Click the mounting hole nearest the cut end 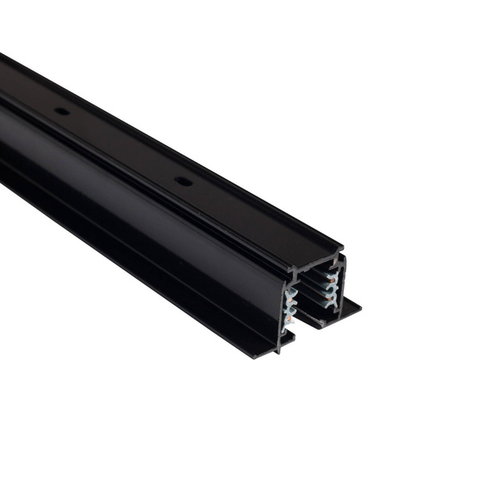[x=184, y=181]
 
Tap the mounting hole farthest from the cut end [x=61, y=110]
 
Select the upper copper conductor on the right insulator [x=330, y=276]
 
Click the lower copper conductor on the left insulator [x=288, y=320]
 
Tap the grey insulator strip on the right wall [x=332, y=287]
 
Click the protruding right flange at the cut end [x=350, y=307]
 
